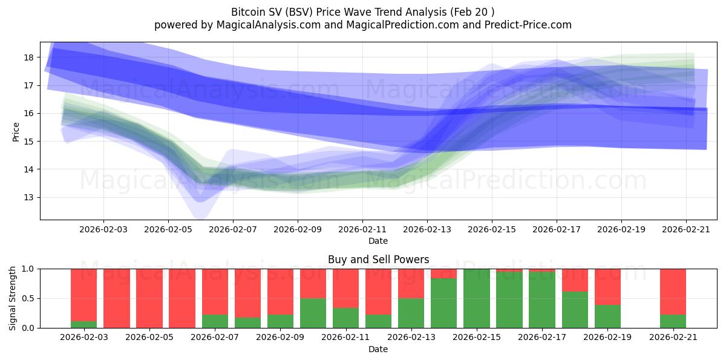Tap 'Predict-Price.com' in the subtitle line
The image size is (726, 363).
pyautogui.click(x=525, y=25)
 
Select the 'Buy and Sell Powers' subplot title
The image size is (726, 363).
pyautogui.click(x=378, y=260)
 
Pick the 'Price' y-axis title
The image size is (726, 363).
pyautogui.click(x=16, y=131)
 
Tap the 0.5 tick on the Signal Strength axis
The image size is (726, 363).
pyautogui.click(x=29, y=298)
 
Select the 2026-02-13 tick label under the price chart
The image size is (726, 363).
pyautogui.click(x=427, y=230)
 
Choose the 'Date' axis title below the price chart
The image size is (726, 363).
pyautogui.click(x=378, y=241)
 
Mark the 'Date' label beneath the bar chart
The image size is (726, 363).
pyautogui.click(x=378, y=349)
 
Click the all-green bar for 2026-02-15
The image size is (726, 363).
pyautogui.click(x=476, y=298)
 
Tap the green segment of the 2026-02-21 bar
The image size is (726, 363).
pyautogui.click(x=673, y=321)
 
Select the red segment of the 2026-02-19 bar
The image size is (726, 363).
pyautogui.click(x=607, y=286)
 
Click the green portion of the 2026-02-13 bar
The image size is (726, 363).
pyautogui.click(x=411, y=313)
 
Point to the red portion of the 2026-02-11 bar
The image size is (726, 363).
pyautogui.click(x=345, y=288)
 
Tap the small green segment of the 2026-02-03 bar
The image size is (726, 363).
pyautogui.click(x=83, y=324)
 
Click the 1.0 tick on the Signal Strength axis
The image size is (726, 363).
pyautogui.click(x=29, y=269)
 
